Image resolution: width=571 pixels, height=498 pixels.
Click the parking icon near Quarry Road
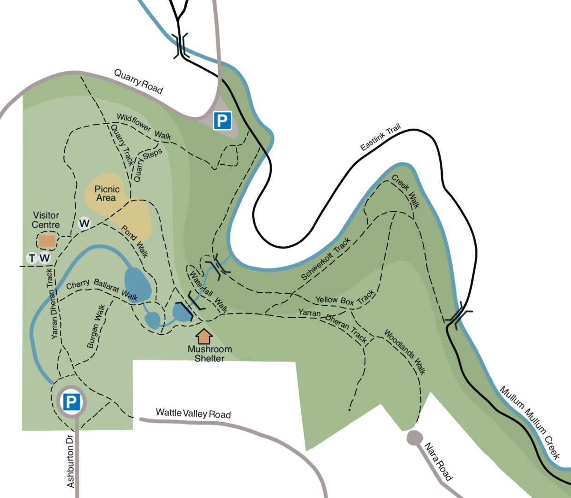tap(222, 121)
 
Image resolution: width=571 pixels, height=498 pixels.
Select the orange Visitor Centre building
tap(47, 241)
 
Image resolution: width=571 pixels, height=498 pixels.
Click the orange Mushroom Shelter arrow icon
tap(204, 336)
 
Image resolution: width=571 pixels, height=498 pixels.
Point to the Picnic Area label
tap(107, 193)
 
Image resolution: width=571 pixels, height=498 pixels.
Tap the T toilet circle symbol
tap(32, 258)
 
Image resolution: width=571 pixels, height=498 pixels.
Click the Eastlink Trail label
tap(380, 137)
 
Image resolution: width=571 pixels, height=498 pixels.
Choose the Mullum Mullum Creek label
tap(530, 422)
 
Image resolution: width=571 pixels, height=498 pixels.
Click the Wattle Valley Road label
tap(193, 413)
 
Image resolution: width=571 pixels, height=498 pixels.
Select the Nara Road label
tap(438, 462)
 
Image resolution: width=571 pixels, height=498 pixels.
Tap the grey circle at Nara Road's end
tap(414, 438)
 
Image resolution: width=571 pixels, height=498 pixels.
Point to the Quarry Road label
tap(138, 81)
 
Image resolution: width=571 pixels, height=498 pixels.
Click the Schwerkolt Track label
tap(326, 259)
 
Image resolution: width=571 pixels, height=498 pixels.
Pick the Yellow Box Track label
tap(345, 299)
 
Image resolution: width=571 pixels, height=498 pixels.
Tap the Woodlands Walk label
tap(405, 352)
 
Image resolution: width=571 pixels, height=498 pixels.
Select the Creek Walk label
tap(406, 191)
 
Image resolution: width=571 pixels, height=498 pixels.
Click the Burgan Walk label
tap(96, 326)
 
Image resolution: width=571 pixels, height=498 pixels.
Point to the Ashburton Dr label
tap(70, 461)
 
